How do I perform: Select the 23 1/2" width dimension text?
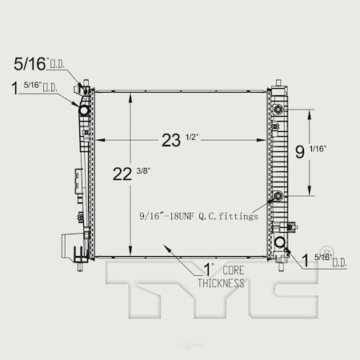(179, 141)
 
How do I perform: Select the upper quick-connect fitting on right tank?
(278, 110)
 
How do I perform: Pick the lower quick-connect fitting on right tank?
(278, 196)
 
